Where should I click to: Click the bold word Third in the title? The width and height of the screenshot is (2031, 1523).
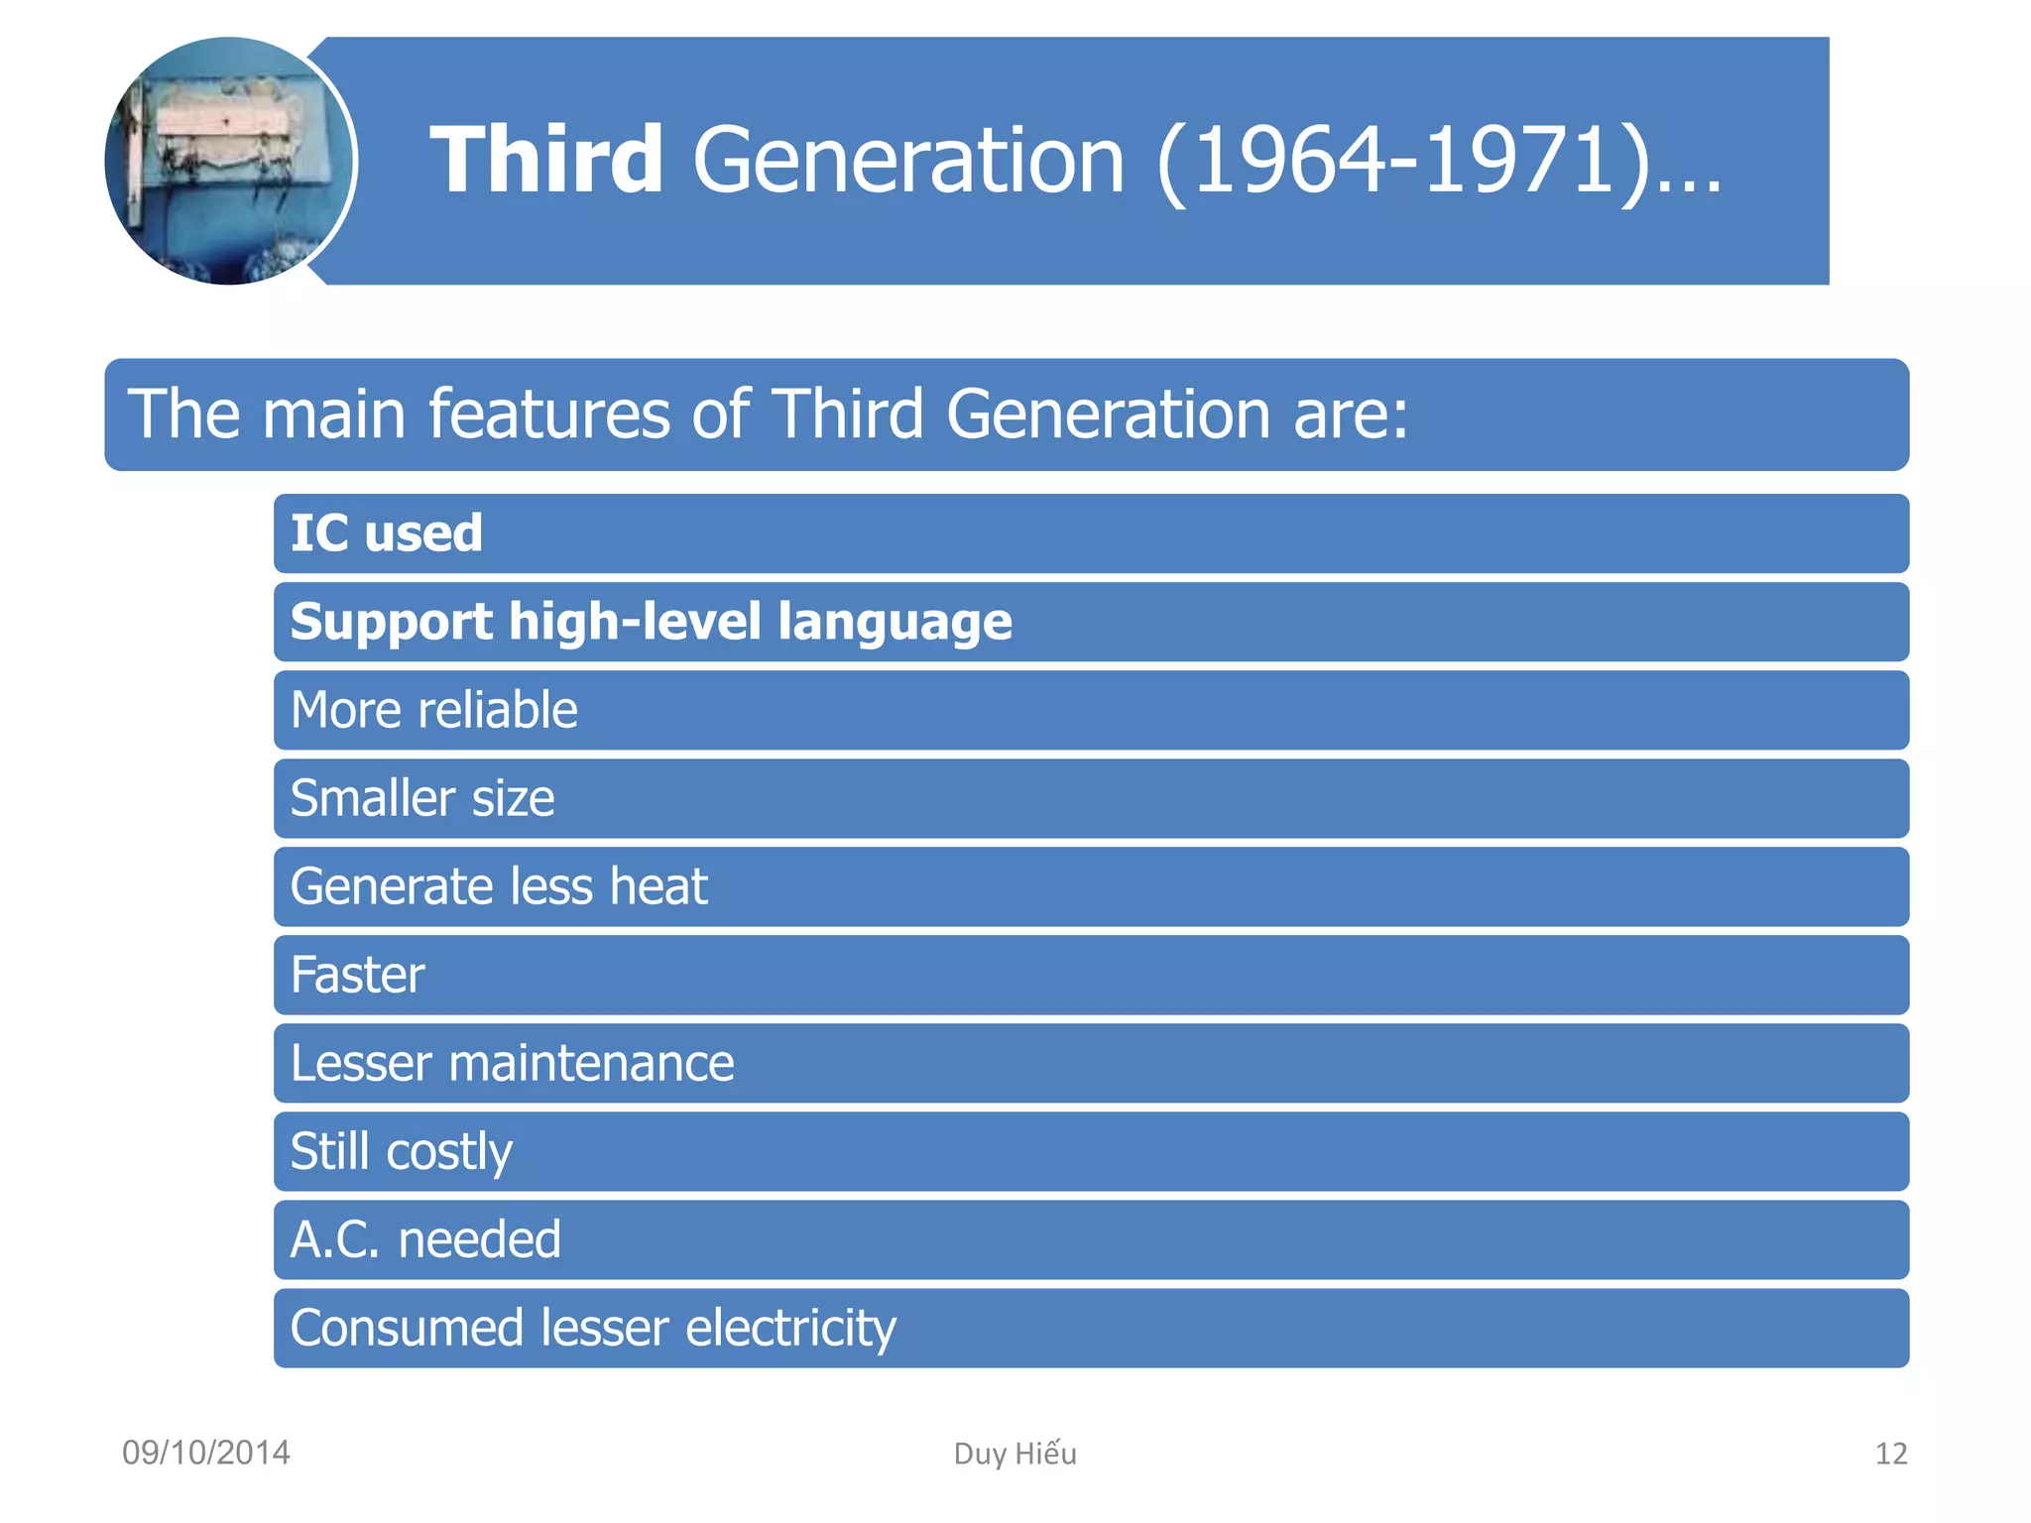pyautogui.click(x=546, y=161)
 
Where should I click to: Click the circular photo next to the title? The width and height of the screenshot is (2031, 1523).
pyautogui.click(x=229, y=161)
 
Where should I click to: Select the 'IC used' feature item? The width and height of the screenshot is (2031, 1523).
pyautogui.click(x=386, y=533)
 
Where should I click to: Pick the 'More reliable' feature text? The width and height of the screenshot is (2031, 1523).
pyautogui.click(x=433, y=710)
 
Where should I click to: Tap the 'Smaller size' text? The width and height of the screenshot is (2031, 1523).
pyautogui.click(x=422, y=798)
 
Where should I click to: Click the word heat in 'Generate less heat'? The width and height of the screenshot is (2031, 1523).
pyautogui.click(x=658, y=886)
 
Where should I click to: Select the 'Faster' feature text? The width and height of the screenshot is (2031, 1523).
pyautogui.click(x=357, y=975)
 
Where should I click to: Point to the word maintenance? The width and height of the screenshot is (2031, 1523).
pyautogui.click(x=591, y=1063)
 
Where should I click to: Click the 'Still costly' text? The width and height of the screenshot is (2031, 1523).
pyautogui.click(x=401, y=1152)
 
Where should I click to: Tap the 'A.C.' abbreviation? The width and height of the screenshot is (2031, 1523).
pyautogui.click(x=335, y=1239)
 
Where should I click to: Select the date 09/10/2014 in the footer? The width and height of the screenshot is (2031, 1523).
pyautogui.click(x=206, y=1453)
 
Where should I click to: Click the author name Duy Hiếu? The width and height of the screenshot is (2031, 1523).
pyautogui.click(x=1015, y=1454)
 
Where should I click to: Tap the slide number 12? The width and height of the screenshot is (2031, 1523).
pyautogui.click(x=1890, y=1454)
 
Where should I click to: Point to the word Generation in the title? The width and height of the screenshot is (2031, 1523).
pyautogui.click(x=908, y=161)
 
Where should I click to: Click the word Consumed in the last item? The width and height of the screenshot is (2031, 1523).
pyautogui.click(x=407, y=1329)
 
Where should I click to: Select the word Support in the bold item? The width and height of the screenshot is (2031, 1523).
pyautogui.click(x=391, y=623)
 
